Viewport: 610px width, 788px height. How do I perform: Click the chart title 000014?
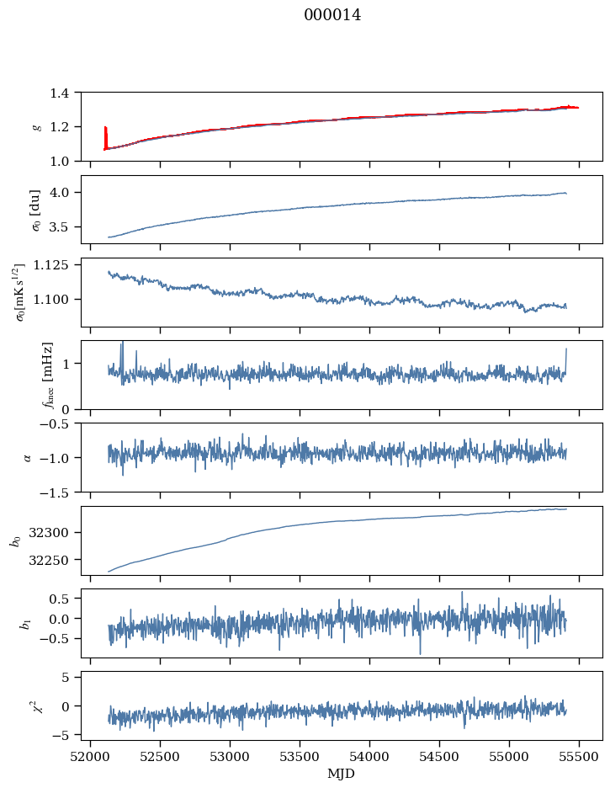click(x=332, y=15)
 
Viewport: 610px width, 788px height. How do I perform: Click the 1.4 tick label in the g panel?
click(x=64, y=93)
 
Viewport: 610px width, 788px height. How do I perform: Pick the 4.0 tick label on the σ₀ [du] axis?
click(x=64, y=193)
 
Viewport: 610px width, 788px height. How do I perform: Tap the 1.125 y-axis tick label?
click(x=56, y=265)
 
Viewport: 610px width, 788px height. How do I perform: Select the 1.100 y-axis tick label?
click(x=56, y=300)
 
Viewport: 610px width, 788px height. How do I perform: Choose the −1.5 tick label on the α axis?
click(x=61, y=492)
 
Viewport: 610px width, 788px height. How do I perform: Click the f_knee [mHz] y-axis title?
click(x=48, y=375)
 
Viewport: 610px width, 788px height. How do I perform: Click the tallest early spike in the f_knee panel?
click(x=122, y=344)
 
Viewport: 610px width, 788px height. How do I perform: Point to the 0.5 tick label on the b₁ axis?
click(x=64, y=599)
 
